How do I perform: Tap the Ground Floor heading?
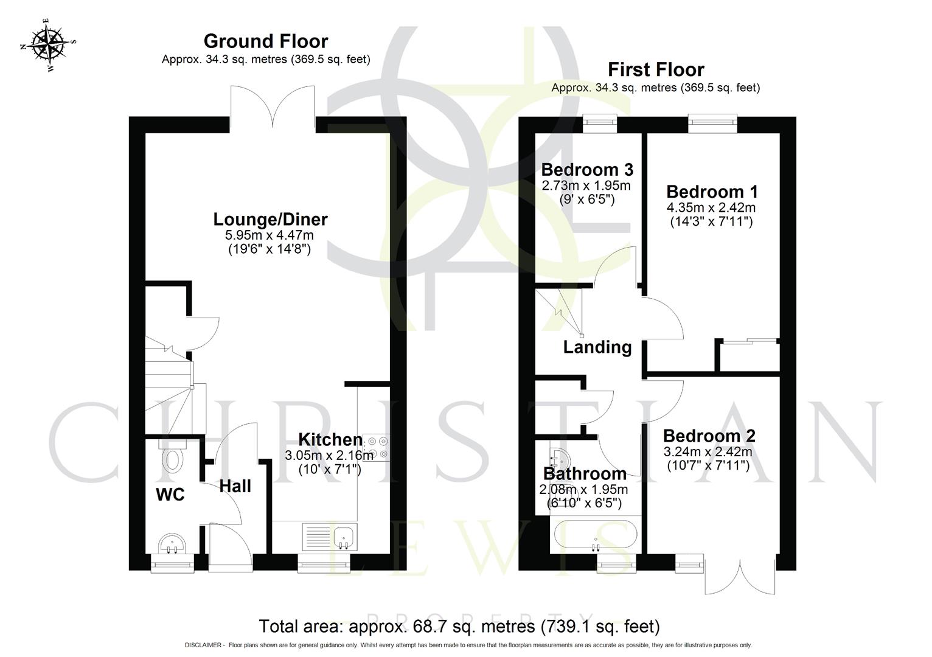pos(266,41)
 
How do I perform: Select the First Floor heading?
pos(656,69)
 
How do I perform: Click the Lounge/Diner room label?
pos(270,219)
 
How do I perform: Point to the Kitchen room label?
pos(330,439)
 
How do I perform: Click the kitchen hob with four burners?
pos(377,447)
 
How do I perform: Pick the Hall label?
pos(235,486)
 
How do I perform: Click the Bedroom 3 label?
pos(587,169)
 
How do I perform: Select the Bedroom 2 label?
pos(709,436)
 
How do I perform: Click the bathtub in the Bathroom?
pos(596,535)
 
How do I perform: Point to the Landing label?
pos(597,347)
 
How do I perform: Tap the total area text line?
pos(459,626)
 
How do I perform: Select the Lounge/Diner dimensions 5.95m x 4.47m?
pos(270,235)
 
